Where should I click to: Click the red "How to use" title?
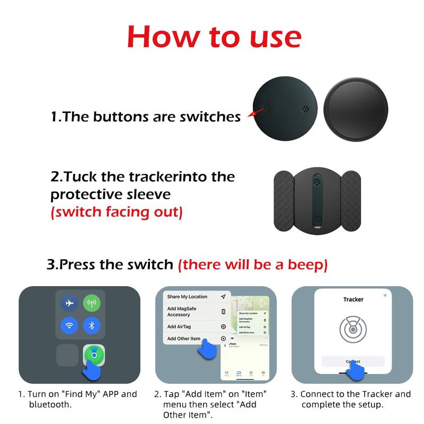pos(214,37)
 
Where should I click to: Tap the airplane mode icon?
pos(68,303)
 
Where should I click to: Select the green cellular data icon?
pos(91,303)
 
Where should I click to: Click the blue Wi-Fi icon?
pos(68,325)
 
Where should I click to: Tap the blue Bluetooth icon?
pos(91,325)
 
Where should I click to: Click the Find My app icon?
pos(93,355)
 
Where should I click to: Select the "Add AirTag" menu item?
pos(183,327)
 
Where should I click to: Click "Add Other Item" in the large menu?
pos(184,339)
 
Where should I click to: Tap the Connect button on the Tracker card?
pos(352,361)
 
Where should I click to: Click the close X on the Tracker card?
pos(385,295)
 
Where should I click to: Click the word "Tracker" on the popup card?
pos(353,299)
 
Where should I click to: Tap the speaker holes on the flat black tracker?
pos(304,110)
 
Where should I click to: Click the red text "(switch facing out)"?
pos(117,212)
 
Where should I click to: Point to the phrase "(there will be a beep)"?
pos(252,264)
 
